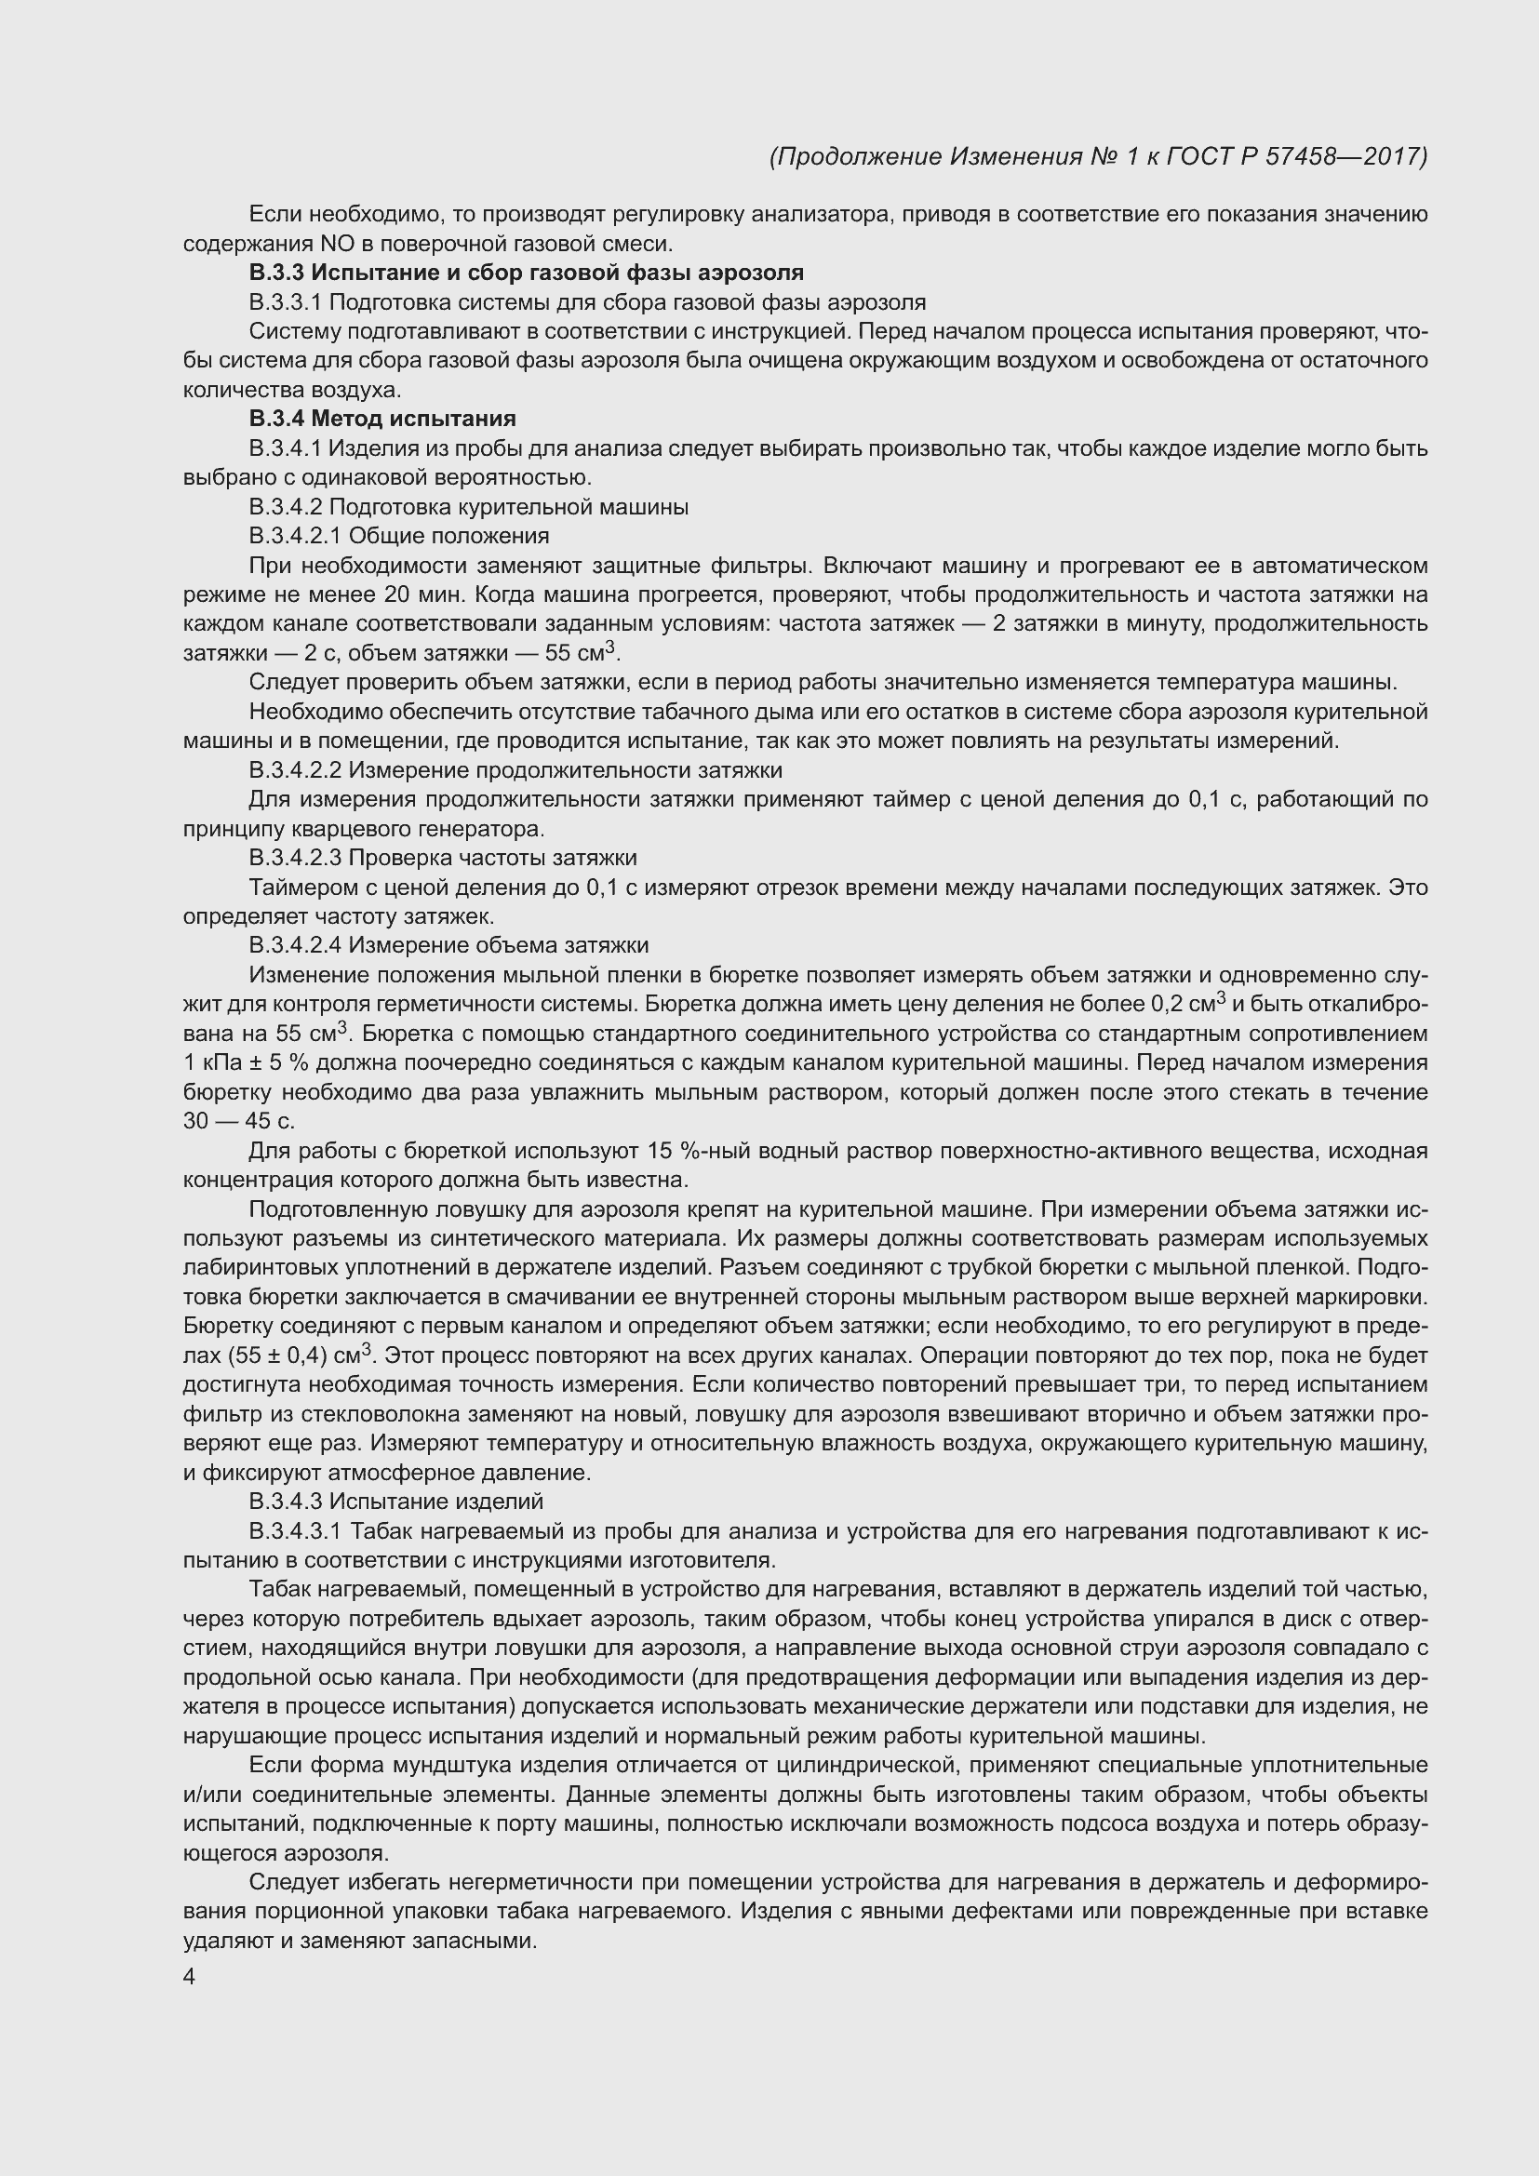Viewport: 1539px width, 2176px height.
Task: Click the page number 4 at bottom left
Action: pyautogui.click(x=189, y=1977)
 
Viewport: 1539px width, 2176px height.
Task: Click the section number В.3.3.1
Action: pyautogui.click(x=287, y=302)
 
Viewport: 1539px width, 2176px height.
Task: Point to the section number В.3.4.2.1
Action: pyautogui.click(x=296, y=537)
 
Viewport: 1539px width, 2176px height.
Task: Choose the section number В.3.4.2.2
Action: pyautogui.click(x=296, y=769)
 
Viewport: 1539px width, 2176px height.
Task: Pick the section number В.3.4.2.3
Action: pyautogui.click(x=296, y=858)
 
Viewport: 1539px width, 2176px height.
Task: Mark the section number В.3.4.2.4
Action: pyautogui.click(x=296, y=945)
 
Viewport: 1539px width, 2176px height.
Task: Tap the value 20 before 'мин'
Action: pyautogui.click(x=396, y=595)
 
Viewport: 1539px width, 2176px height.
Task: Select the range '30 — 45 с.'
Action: pyautogui.click(x=239, y=1121)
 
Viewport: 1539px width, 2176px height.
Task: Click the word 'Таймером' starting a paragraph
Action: pyautogui.click(x=291, y=888)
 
